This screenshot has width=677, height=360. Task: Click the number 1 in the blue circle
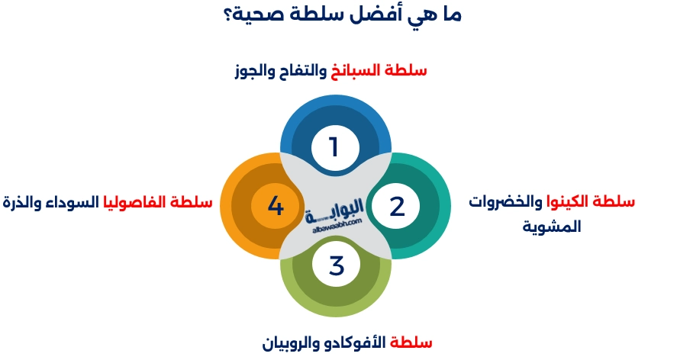(x=333, y=146)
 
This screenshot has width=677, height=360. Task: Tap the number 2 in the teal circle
(x=397, y=207)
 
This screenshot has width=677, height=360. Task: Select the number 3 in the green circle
(x=337, y=267)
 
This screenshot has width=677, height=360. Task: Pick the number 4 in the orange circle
(x=276, y=207)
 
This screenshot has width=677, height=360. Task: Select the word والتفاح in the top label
(x=303, y=71)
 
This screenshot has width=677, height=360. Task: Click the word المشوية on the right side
(x=552, y=227)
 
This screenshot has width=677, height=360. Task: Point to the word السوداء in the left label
(x=80, y=203)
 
